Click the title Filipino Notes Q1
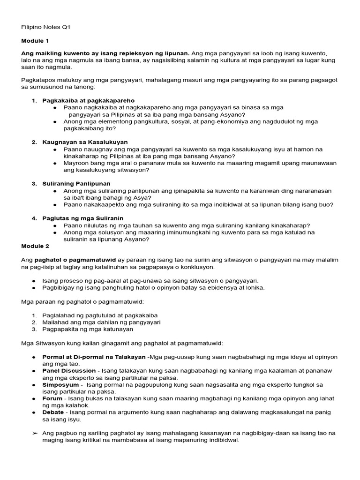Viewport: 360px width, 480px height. point(46,28)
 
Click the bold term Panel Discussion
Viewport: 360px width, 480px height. point(69,370)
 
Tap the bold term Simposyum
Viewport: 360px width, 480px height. point(60,384)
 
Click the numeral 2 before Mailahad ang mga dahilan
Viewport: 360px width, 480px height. point(34,322)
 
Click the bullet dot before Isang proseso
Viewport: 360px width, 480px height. point(34,280)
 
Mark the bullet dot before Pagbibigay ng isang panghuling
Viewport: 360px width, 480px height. point(34,287)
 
